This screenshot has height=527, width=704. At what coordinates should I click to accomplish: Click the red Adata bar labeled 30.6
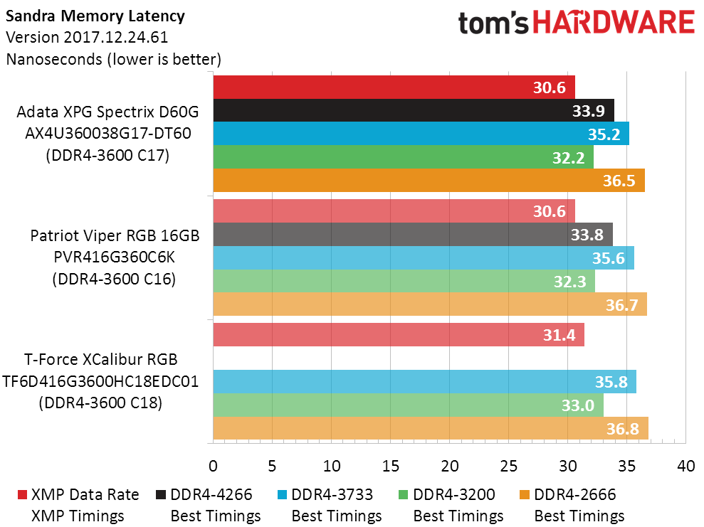[394, 87]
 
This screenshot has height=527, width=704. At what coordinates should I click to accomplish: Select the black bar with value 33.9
[414, 110]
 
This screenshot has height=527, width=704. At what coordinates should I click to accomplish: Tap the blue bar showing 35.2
[421, 134]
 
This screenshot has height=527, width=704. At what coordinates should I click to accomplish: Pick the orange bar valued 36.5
[429, 181]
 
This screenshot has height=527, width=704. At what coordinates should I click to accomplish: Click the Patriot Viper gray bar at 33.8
[413, 235]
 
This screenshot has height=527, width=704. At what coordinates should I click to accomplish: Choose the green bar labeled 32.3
[404, 281]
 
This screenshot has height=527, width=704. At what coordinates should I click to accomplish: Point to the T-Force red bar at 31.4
[399, 334]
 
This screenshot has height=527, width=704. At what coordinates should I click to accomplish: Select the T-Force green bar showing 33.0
[408, 405]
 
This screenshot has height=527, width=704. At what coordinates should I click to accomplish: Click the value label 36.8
[622, 429]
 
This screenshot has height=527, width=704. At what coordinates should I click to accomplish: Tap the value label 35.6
[609, 258]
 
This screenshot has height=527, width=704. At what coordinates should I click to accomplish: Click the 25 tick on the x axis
[508, 467]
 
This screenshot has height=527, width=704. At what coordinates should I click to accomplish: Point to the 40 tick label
[685, 467]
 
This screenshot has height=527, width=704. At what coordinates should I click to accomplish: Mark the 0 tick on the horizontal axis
[214, 467]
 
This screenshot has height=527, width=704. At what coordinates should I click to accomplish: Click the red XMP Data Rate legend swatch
[22, 495]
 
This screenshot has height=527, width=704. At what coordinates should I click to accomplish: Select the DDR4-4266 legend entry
[204, 505]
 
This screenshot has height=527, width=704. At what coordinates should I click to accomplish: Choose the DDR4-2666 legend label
[574, 495]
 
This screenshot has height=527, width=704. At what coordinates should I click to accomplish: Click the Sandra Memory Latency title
[95, 16]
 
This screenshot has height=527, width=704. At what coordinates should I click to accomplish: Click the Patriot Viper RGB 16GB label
[115, 235]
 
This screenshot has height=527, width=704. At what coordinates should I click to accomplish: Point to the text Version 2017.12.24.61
[87, 37]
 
